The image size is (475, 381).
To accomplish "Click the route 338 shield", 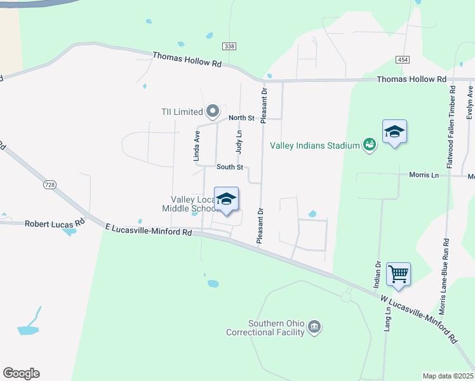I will (229, 46).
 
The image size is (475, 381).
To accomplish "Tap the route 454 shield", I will (402, 59).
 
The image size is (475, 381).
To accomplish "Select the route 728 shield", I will (50, 184).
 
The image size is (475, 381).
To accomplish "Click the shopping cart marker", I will (398, 274).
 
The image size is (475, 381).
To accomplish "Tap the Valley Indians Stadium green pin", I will (369, 145).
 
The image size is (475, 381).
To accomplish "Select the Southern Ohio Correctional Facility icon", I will (314, 328).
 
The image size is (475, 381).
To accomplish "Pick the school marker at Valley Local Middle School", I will (227, 199).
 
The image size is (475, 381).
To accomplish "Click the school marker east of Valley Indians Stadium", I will (394, 132).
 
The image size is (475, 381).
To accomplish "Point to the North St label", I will (241, 118).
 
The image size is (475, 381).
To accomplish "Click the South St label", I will (230, 167).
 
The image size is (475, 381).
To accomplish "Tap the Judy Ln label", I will (239, 142).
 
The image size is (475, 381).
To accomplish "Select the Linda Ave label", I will (197, 145).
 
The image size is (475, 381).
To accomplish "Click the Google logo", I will (21, 373).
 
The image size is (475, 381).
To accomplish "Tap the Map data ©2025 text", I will (448, 376).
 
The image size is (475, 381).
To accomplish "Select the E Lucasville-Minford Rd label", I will (148, 229).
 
